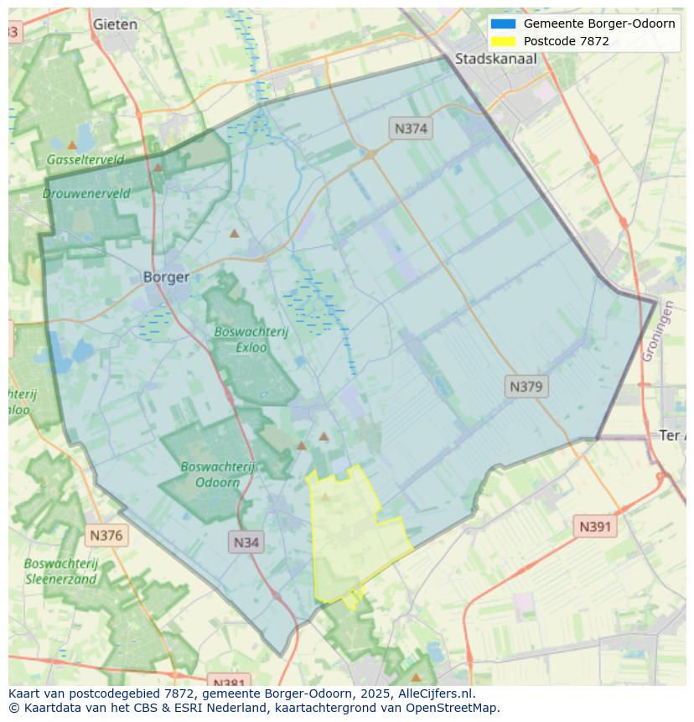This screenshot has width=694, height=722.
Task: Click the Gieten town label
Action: point(116,24)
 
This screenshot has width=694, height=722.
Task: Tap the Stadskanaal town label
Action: point(495,59)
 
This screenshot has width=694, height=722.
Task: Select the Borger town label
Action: point(166,277)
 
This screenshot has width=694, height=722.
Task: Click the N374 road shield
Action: point(411,128)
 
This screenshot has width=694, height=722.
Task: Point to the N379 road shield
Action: point(526,387)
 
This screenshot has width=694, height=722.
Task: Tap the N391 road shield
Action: point(596,527)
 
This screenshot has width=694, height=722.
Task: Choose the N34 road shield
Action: point(246,542)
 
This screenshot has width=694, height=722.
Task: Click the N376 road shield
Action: point(106,535)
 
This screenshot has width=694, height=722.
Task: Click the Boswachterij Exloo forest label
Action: point(251,339)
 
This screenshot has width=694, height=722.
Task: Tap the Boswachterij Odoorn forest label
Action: point(218,474)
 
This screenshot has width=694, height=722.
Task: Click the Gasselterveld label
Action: point(85,159)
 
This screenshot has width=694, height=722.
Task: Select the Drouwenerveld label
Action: point(86,193)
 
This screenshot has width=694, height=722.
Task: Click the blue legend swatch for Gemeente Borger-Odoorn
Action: point(503,23)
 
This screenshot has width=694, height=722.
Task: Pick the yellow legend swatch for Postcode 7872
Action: point(503,41)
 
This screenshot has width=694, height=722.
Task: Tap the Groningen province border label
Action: point(658,331)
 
